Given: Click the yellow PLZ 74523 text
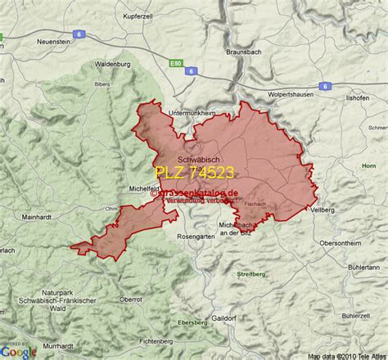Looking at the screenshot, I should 195,173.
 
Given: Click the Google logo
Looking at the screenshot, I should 18,350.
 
